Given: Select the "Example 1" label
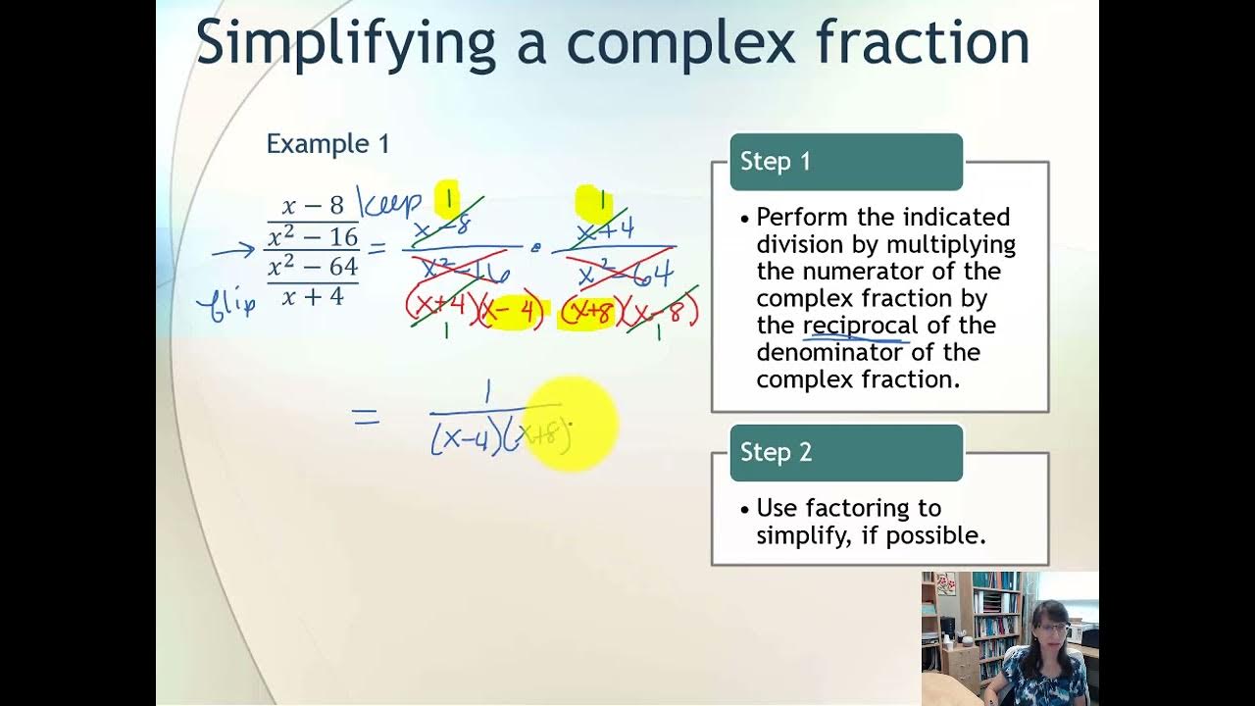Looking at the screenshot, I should point(327,144).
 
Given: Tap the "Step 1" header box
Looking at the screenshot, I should point(845,162).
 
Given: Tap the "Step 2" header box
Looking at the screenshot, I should point(845,452).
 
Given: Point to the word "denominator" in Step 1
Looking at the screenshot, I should point(829,352).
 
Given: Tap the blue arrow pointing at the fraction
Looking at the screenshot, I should point(233,251).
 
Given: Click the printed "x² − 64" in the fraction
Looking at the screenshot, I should point(313,267).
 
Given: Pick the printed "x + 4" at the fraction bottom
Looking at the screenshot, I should point(313,296).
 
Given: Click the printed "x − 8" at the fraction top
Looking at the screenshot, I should point(313,206).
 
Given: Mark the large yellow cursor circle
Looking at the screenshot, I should point(572,424).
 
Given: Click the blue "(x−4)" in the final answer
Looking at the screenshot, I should point(461,438).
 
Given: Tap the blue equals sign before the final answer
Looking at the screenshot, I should point(366,419).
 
